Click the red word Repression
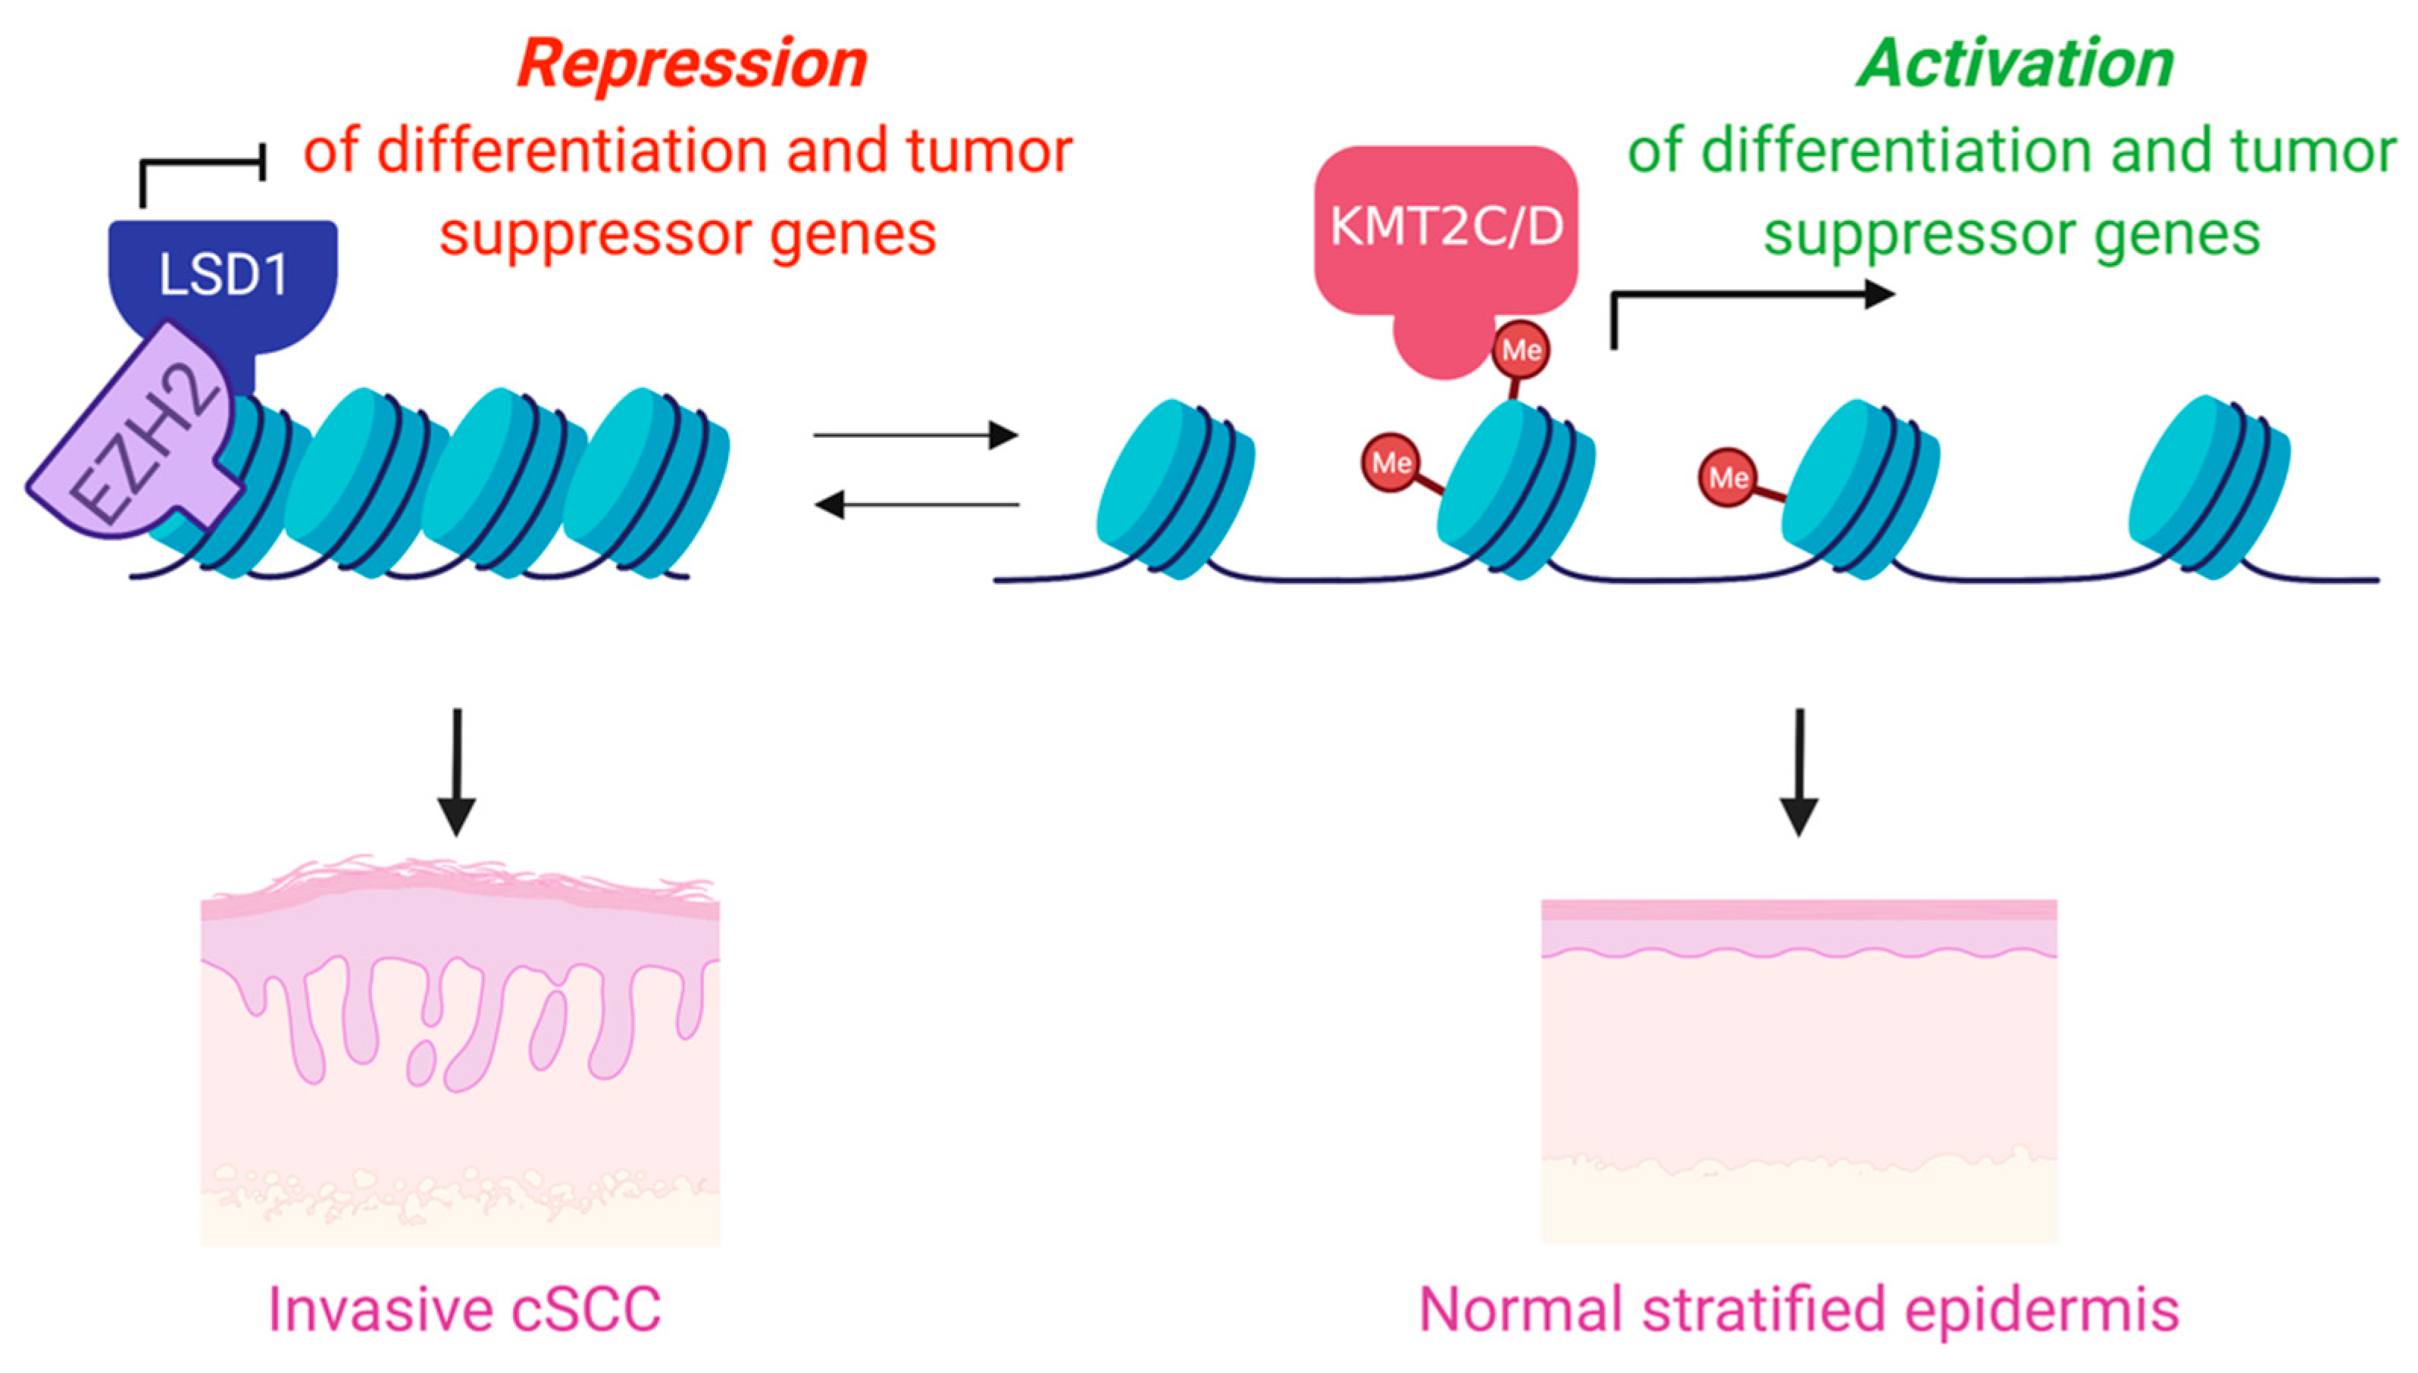(692, 64)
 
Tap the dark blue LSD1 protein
(224, 283)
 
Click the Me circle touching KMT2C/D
(1521, 351)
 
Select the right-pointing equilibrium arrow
(915, 435)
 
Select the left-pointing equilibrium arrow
(916, 505)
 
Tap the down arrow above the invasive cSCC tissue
(457, 772)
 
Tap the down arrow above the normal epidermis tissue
(1799, 772)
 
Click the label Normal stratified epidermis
(1799, 1310)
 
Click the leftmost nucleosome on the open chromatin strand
(1175, 488)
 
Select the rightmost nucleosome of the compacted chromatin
(646, 482)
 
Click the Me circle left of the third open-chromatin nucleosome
(1728, 477)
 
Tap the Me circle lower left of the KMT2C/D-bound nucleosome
(1390, 462)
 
